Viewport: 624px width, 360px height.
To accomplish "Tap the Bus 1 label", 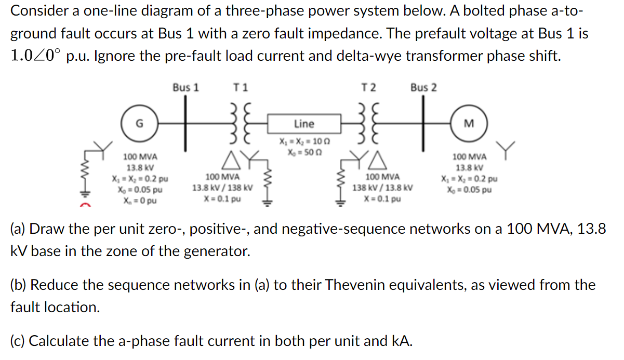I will pos(185,87).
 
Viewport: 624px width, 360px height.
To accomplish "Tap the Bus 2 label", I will pos(423,87).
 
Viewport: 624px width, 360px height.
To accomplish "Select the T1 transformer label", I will pos(241,87).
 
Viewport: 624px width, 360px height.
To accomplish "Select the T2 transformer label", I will pos(370,87).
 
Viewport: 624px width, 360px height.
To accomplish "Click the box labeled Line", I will pos(304,124).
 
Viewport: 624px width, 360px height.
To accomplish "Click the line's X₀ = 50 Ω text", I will pos(304,151).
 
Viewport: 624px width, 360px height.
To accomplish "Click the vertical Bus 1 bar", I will pos(185,124).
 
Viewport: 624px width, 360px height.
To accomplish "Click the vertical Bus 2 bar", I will pos(423,124).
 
